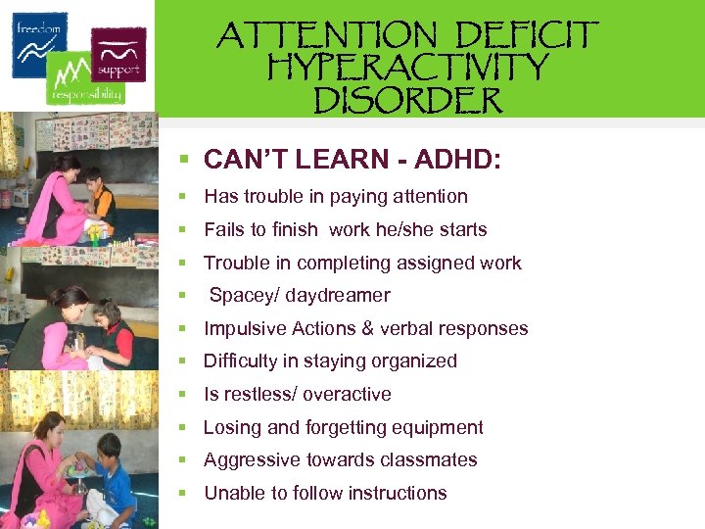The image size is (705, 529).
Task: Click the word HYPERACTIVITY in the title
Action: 407,68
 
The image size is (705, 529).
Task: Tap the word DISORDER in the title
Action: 407,99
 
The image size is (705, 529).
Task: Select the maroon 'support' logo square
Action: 118,53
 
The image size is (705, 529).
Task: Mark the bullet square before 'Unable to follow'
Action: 182,493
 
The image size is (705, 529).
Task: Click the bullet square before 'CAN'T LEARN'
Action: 182,160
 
